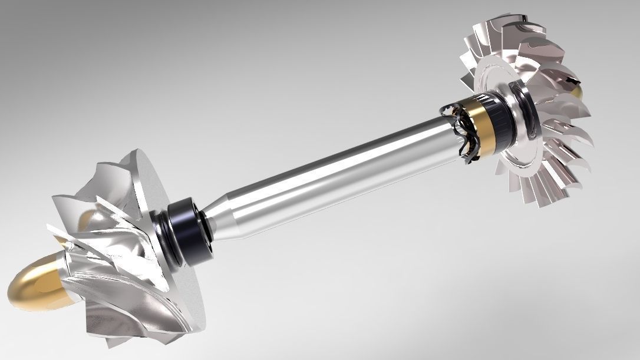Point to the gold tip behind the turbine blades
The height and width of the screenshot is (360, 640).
[x=576, y=91]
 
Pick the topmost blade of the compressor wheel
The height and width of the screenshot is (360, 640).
[x=127, y=162]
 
